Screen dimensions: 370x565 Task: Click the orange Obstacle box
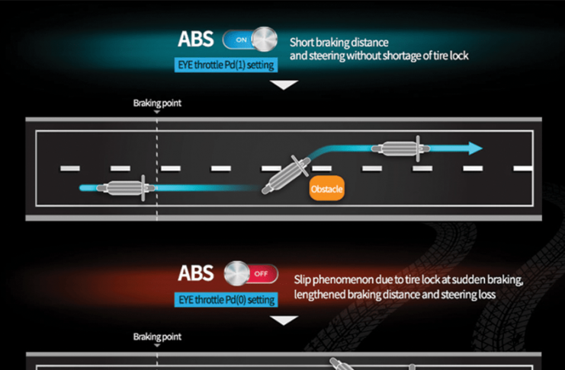coord(327,188)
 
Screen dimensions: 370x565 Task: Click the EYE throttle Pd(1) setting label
coord(226,65)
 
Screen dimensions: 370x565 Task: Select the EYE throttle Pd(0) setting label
coord(226,299)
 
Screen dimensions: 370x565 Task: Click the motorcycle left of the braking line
coord(125,187)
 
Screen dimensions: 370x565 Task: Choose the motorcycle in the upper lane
coord(401,148)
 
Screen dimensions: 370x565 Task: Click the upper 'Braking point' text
coord(157,102)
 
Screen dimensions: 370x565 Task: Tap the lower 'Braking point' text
coord(157,337)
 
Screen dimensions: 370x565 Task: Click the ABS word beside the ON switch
coord(197,40)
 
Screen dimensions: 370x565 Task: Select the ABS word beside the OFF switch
coord(197,274)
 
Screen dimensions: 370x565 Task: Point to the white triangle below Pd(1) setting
coord(284,85)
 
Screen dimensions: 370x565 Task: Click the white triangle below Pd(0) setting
coord(284,320)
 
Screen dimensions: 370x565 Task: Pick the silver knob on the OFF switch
coord(237,274)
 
